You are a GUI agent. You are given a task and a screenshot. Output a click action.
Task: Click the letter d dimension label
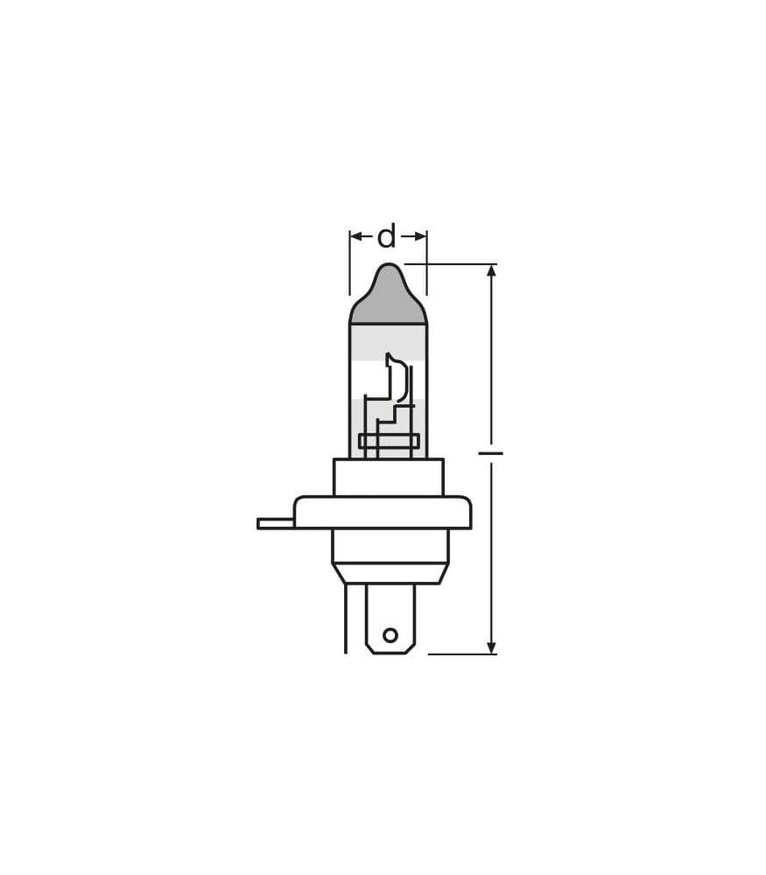pos(386,236)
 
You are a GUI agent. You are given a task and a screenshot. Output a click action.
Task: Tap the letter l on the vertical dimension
pos(491,453)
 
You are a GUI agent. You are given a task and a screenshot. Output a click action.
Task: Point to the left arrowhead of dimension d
pos(355,236)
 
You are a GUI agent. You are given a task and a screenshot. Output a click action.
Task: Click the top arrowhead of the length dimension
pos(491,270)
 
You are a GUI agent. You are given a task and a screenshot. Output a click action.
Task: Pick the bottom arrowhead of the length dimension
pos(491,647)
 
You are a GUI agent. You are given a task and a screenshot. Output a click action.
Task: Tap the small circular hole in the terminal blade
pos(390,635)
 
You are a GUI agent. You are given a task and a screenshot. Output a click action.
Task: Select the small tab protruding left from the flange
pos(275,523)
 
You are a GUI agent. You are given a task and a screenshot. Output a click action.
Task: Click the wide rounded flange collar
pos(383,513)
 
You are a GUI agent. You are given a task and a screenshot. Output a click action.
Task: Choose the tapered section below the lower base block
pos(390,573)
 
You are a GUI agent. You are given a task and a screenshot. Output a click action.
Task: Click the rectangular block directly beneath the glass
pos(388,478)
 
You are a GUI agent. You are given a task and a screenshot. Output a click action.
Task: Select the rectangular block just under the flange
pos(390,545)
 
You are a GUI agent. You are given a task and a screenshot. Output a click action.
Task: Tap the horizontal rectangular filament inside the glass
pos(389,441)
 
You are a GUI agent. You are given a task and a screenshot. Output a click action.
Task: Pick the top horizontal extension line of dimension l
pos(451,263)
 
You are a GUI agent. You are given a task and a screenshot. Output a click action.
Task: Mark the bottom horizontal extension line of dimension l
pos(461,654)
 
